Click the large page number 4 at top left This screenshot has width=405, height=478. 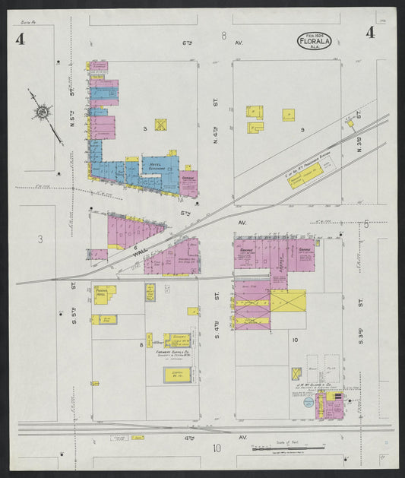click(x=20, y=40)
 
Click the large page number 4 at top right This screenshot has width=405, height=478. click(x=369, y=32)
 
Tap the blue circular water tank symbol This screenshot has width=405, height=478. click(x=308, y=404)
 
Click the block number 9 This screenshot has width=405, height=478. click(x=302, y=130)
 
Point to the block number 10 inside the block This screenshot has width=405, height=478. click(x=295, y=340)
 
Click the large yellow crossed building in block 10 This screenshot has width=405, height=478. click(x=288, y=301)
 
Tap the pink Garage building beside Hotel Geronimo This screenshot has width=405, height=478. click(x=188, y=182)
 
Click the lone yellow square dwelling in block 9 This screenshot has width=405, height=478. click(x=289, y=115)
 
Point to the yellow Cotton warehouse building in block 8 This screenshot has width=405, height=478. click(x=176, y=374)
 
